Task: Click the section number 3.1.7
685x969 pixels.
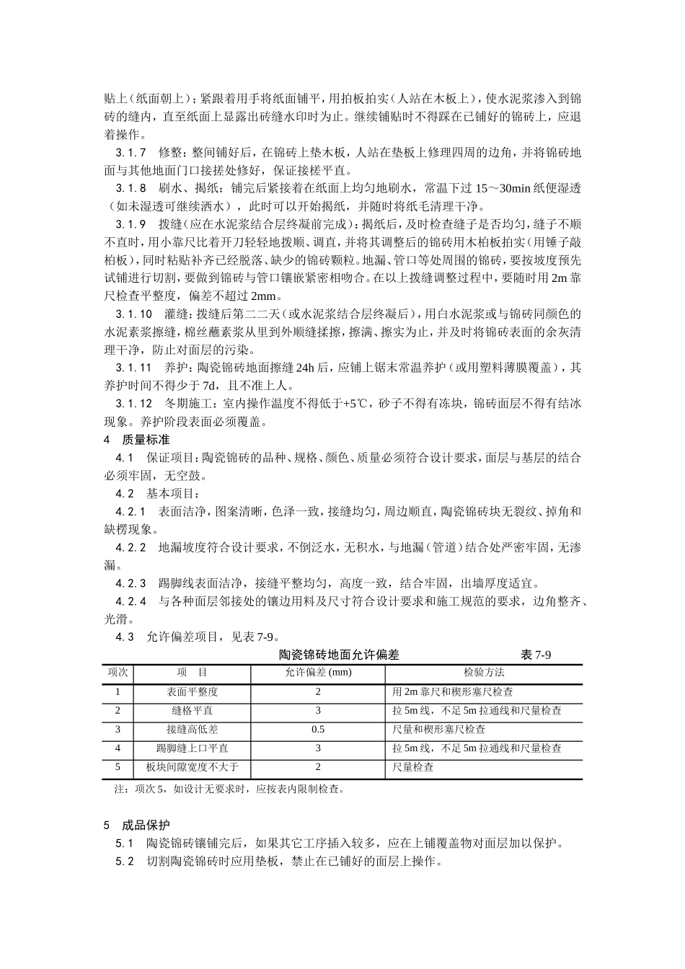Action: coord(131,153)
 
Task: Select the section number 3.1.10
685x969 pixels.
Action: coord(134,314)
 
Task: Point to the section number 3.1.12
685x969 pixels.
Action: coord(134,404)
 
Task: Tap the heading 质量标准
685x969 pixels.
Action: coord(146,440)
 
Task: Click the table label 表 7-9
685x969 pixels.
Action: coord(536,655)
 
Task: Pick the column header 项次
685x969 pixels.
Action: coord(118,673)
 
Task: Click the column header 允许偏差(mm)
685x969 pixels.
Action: coord(318,673)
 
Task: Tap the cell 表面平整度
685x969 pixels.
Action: coord(192,692)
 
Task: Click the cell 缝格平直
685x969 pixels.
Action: coord(192,711)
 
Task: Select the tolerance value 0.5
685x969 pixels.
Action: coord(318,730)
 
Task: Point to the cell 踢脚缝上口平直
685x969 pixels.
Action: coord(192,748)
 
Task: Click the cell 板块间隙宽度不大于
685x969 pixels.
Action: coord(192,767)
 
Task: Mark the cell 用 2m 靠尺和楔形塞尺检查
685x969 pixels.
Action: coord(452,692)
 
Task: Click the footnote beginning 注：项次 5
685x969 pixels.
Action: coord(229,789)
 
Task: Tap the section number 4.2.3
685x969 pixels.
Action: coord(131,583)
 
